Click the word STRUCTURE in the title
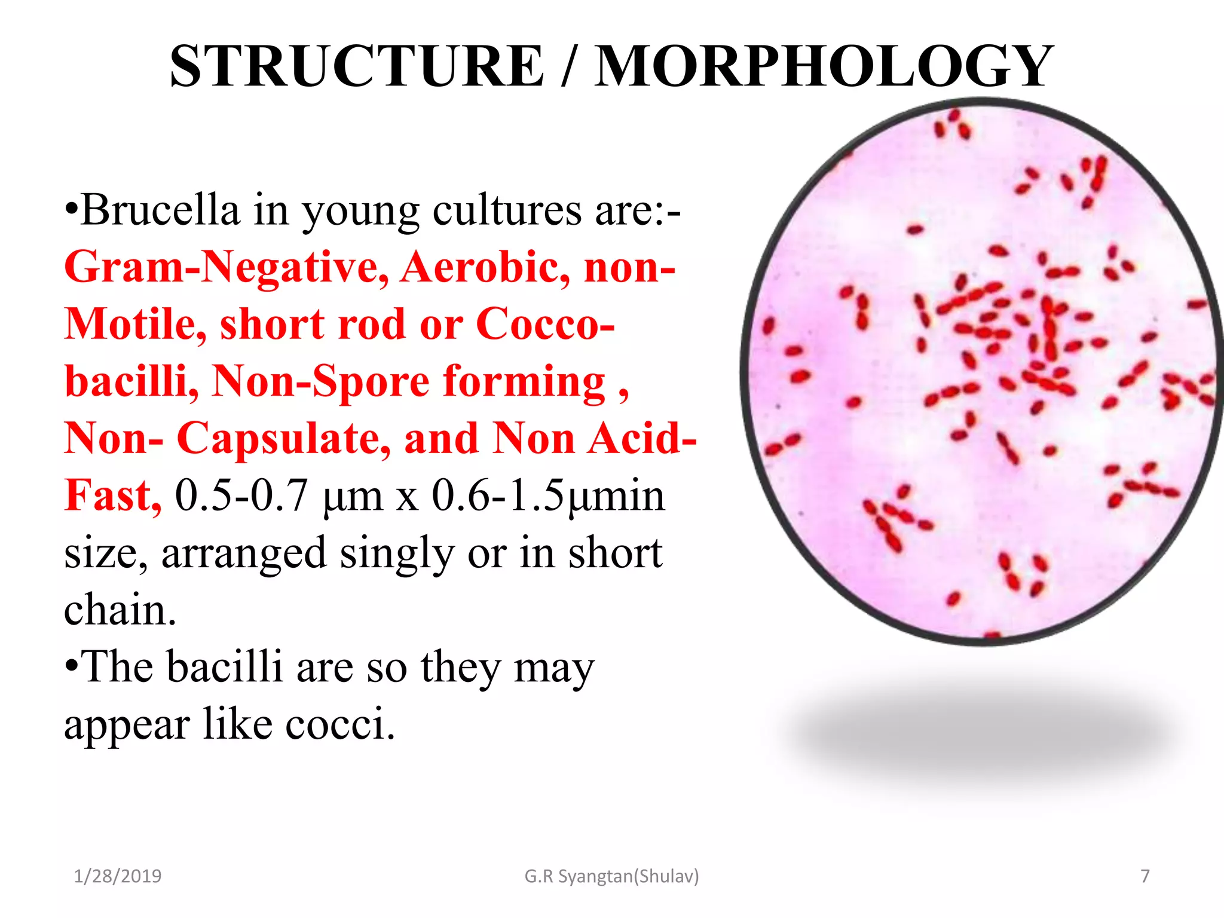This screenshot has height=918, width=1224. click(357, 66)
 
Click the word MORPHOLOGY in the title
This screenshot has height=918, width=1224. click(824, 66)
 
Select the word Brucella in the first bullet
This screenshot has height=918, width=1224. click(160, 210)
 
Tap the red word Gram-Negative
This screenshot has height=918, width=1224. click(227, 267)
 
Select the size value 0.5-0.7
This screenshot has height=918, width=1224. click(241, 496)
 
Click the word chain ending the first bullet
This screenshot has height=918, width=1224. click(120, 610)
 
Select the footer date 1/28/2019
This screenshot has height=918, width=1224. click(118, 876)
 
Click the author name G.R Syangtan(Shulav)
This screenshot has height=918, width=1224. click(611, 876)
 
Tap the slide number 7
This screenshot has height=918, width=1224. click(1145, 876)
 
